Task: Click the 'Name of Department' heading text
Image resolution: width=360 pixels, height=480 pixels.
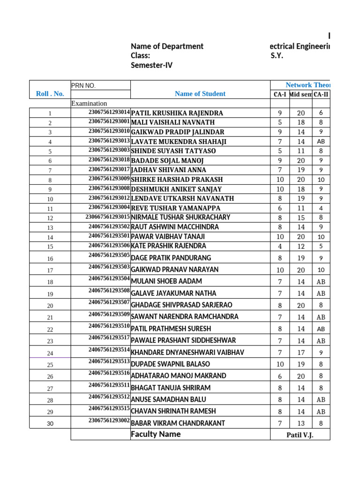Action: coord(167,46)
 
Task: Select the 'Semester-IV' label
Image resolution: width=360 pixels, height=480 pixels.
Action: coord(151,65)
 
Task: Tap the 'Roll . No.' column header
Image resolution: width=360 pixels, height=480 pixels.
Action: coord(50,94)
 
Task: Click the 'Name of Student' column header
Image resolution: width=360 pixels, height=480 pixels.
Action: coord(200,94)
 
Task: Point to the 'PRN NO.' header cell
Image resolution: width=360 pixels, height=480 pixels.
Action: coord(83,86)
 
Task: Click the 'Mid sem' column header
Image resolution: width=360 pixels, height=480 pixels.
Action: coord(300,95)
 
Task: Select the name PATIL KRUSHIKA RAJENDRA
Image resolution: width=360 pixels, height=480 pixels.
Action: coord(177,113)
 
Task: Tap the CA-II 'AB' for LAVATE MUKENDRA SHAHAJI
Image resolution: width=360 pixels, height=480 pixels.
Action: coord(321,142)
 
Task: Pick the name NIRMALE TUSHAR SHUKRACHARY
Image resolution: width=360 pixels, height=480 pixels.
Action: coord(180,217)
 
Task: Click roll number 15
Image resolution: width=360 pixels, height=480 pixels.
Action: coord(50,247)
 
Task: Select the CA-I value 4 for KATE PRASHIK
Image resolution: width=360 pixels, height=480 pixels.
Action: coord(280,246)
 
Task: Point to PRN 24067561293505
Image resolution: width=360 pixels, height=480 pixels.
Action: coord(109,255)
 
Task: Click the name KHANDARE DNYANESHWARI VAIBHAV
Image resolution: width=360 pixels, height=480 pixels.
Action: coord(187,352)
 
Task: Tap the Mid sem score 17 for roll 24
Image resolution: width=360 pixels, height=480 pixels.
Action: coord(300,352)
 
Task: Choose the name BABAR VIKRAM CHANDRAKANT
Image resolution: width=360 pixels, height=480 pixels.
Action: coord(178,423)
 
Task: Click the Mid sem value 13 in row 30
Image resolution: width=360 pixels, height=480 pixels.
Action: coord(300,423)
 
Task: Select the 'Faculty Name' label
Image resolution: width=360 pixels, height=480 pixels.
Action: coord(156,435)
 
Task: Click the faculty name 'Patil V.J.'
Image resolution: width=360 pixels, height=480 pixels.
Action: coord(300,435)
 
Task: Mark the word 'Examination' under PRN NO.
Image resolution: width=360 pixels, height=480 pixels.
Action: coord(89,103)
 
